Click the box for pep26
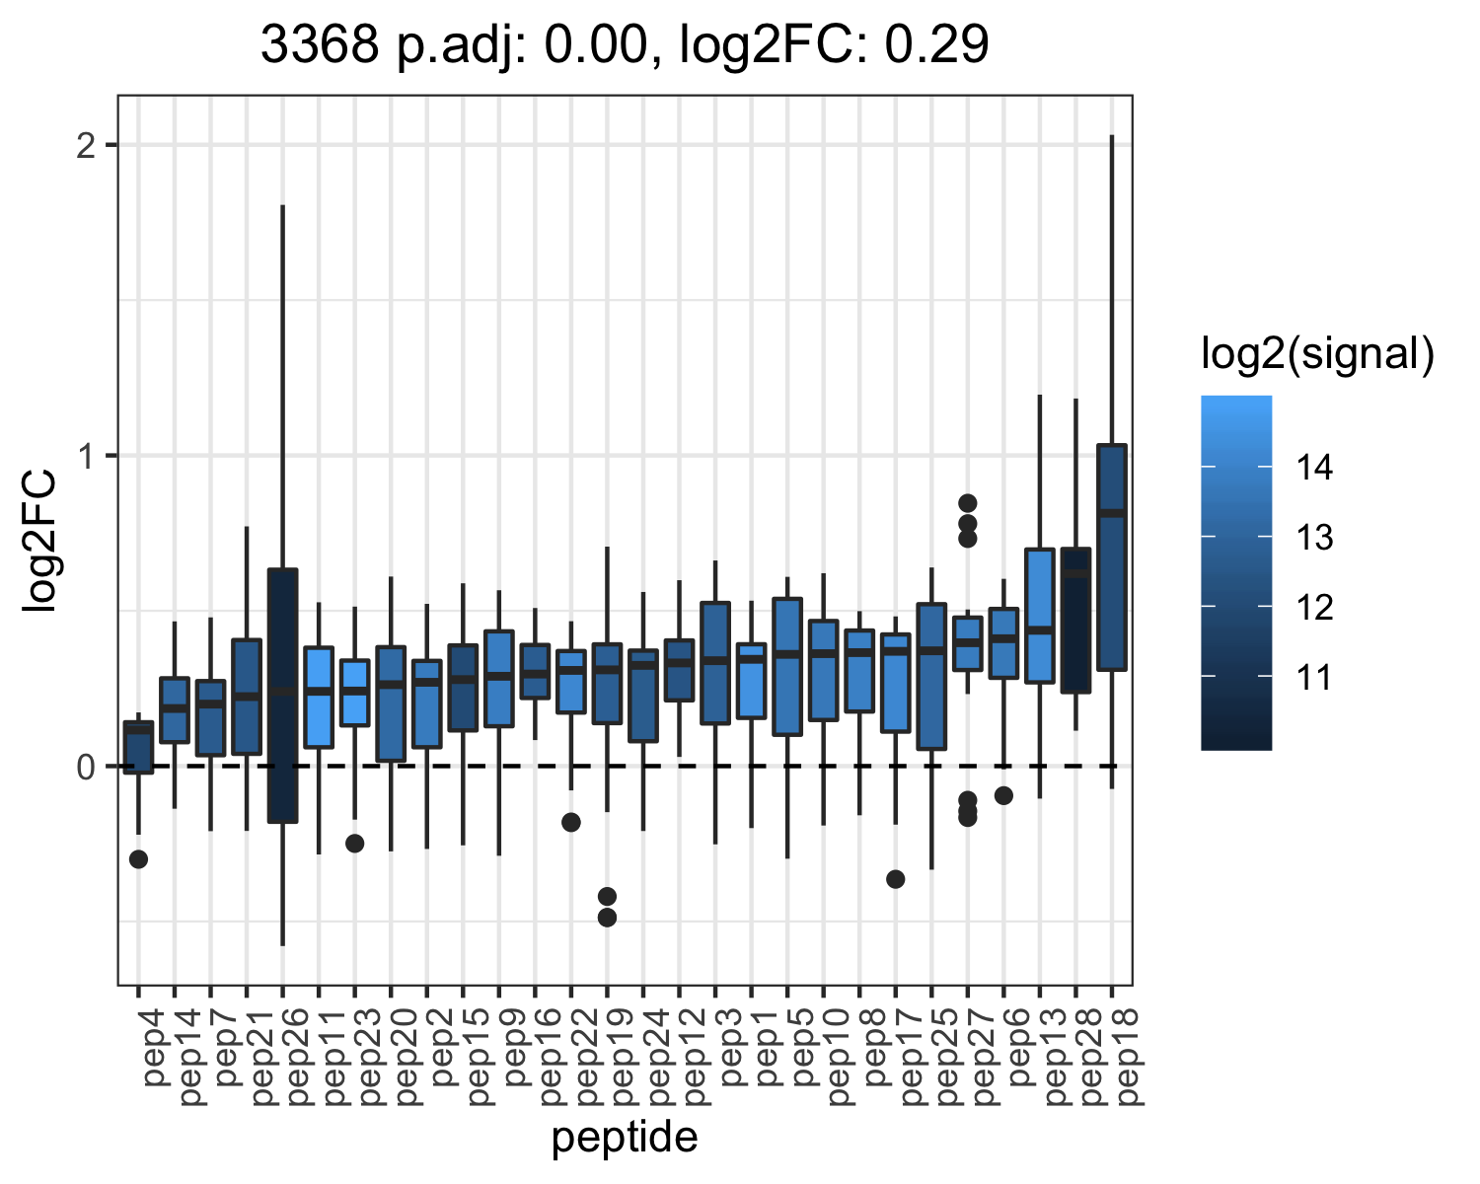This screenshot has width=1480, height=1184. point(282,696)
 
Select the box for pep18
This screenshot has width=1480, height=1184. point(1111,557)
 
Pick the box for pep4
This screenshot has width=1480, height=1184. point(138,747)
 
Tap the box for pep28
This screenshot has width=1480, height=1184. point(1075,620)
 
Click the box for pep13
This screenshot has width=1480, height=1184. point(1039,616)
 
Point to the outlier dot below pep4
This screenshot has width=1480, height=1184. point(138,859)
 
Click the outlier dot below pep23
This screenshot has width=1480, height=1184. point(355,844)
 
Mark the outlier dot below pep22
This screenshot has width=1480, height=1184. point(571,822)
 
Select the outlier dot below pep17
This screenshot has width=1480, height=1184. point(896,879)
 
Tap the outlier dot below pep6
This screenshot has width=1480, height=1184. point(1003,796)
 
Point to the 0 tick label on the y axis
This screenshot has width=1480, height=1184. point(86,767)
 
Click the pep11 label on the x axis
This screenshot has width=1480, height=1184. point(319,1057)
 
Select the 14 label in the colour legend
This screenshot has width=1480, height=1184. point(1314,467)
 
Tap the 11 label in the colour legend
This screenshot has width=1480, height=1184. point(1314,677)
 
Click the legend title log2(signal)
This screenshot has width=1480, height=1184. point(1318,354)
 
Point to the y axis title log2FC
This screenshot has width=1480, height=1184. point(39,541)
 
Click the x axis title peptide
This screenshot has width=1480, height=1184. point(625,1138)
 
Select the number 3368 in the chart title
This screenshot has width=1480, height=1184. point(320,44)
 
